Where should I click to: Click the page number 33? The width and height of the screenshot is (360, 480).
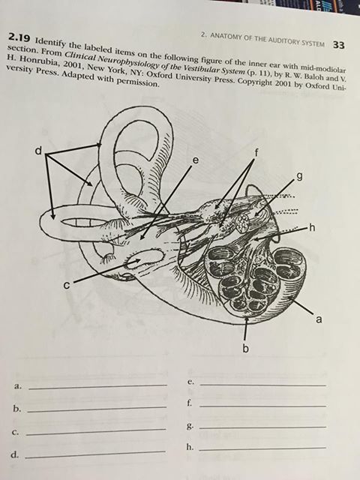point(338,45)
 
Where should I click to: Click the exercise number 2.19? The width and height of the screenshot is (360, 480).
point(20,38)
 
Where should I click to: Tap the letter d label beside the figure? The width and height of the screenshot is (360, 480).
point(38,150)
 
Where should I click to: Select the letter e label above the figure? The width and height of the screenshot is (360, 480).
point(195,160)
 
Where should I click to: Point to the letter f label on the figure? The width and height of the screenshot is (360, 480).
point(256,151)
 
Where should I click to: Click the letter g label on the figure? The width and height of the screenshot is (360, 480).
point(300,177)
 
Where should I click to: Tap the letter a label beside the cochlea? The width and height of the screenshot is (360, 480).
point(319,319)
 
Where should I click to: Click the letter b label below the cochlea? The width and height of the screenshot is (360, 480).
point(245,348)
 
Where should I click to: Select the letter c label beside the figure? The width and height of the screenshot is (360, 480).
point(67,285)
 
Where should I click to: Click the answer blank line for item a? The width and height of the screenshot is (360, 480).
point(97,387)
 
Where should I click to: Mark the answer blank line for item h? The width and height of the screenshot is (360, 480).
point(262,449)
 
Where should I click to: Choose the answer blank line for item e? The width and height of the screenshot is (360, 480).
point(262,385)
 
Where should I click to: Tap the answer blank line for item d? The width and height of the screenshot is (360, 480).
point(95,454)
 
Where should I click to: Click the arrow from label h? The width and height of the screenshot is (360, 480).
point(280,233)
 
